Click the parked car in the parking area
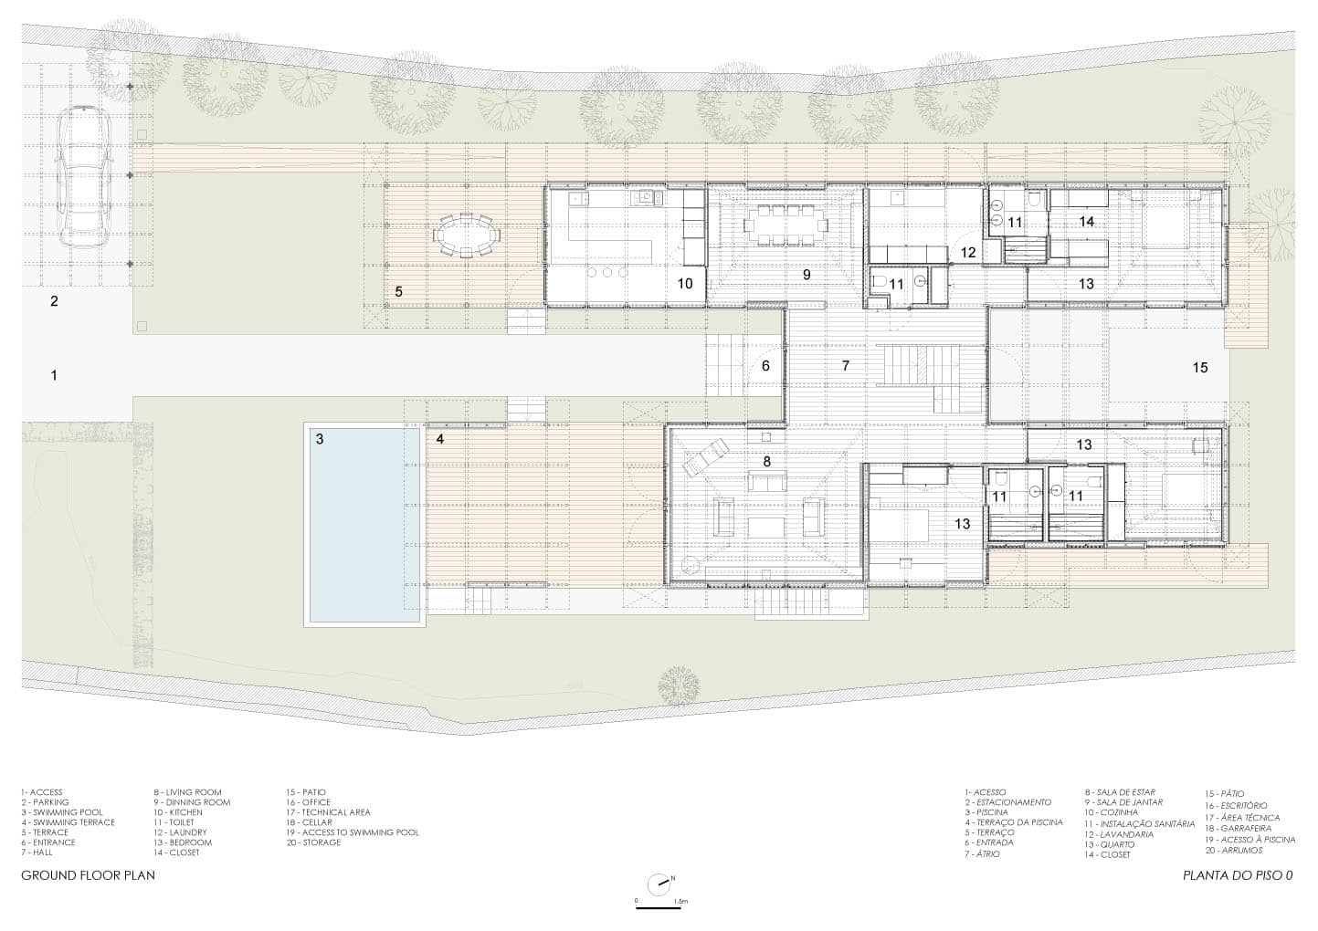[x=83, y=177]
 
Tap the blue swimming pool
[x=364, y=525]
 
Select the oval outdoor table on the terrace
[x=466, y=235]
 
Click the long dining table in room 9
[x=786, y=225]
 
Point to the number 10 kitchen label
[x=685, y=284]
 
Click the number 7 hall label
[x=846, y=366]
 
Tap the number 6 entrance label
[x=765, y=366]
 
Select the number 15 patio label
[x=1200, y=368]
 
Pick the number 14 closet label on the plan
[x=1087, y=221]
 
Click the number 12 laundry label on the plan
[x=968, y=252]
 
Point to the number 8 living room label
[x=766, y=462]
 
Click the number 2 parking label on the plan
[x=54, y=301]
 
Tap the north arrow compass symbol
[x=659, y=884]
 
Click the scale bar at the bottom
[x=658, y=909]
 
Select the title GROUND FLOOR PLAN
[x=89, y=875]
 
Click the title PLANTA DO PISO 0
[x=1238, y=875]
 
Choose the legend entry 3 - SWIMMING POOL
[x=62, y=812]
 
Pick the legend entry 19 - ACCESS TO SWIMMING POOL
[x=353, y=832]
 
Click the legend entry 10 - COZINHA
[x=1112, y=812]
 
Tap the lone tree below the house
[x=679, y=685]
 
